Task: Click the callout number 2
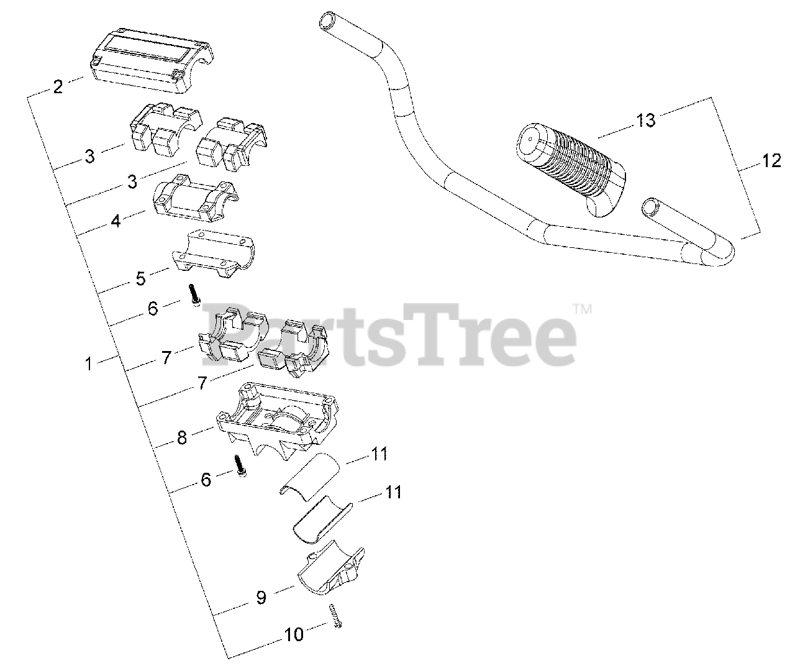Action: click(x=58, y=86)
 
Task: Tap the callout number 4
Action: click(x=116, y=221)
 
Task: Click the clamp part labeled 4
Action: click(x=194, y=200)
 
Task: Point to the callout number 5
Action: click(x=140, y=278)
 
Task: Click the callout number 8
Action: click(x=181, y=437)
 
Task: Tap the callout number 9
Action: click(x=261, y=597)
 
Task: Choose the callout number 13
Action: click(x=646, y=120)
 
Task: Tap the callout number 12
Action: click(x=771, y=161)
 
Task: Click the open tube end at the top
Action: click(x=327, y=23)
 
